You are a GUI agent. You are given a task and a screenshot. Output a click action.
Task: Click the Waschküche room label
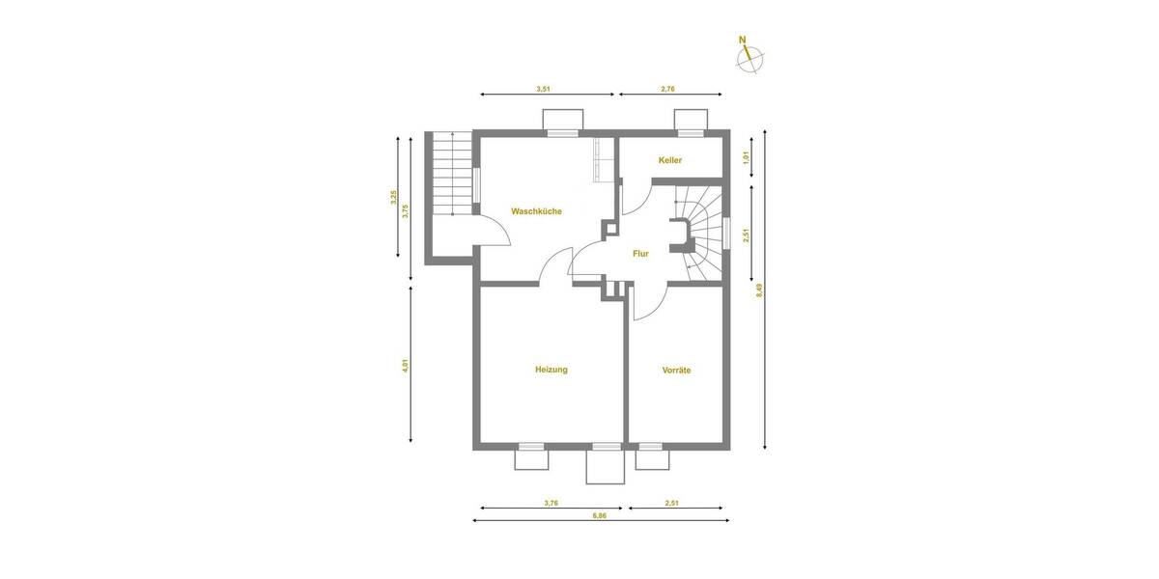coord(536,211)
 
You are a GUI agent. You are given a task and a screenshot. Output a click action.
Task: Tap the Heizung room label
coord(551,370)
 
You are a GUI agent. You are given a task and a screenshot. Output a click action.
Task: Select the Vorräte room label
coord(676,370)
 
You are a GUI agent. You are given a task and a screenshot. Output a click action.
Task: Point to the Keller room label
coord(670,160)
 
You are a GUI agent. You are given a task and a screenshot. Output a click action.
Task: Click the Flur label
coord(639,254)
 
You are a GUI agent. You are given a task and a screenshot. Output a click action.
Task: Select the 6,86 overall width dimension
coord(601,516)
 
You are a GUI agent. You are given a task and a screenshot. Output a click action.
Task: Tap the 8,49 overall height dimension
coord(760,289)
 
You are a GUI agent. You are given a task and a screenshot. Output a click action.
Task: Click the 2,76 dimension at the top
coord(667,89)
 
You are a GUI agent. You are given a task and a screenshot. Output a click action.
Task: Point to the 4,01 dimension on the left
coord(407,366)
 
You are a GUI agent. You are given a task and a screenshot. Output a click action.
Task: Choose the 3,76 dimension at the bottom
coord(551,502)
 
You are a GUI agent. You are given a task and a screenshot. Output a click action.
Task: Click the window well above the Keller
coord(691,120)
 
